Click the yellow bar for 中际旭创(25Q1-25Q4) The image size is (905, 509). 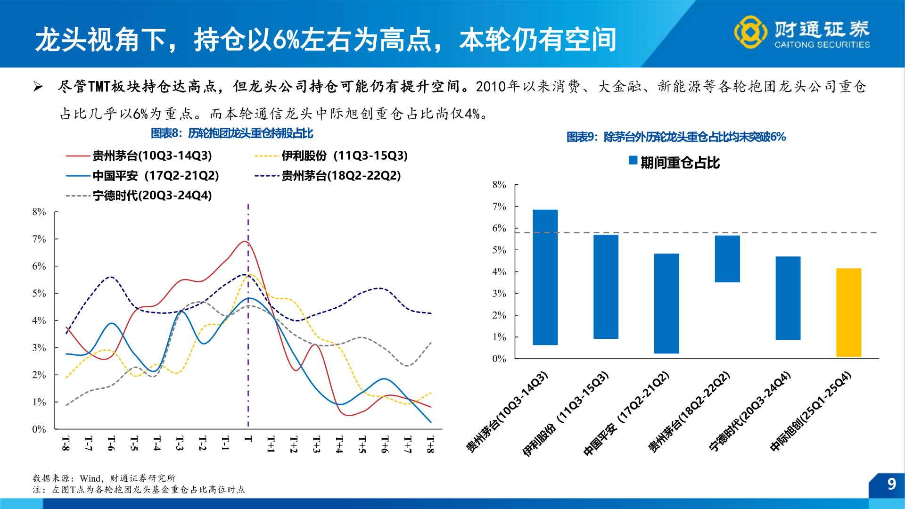tap(848, 312)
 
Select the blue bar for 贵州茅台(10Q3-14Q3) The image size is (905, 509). tap(545, 277)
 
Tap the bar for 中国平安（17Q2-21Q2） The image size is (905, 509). tap(666, 304)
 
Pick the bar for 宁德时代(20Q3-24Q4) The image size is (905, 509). tap(788, 298)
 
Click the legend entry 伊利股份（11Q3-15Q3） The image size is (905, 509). tap(344, 156)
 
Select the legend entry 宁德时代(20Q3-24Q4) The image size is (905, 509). tap(152, 195)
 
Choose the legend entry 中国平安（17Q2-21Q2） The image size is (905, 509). tap(156, 175)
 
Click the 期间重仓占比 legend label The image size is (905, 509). tap(679, 163)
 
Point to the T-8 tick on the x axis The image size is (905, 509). tap(66, 443)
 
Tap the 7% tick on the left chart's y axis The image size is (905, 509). tap(39, 239)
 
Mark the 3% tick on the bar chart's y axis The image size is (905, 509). tap(499, 294)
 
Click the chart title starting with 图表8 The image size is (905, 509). tap(231, 133)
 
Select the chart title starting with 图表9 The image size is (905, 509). tap(675, 137)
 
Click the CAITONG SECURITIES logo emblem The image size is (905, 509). tap(750, 32)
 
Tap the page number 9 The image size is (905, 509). tap(891, 484)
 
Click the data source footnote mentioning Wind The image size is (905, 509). tap(104, 478)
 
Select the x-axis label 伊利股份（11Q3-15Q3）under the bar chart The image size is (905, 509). tap(566, 415)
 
